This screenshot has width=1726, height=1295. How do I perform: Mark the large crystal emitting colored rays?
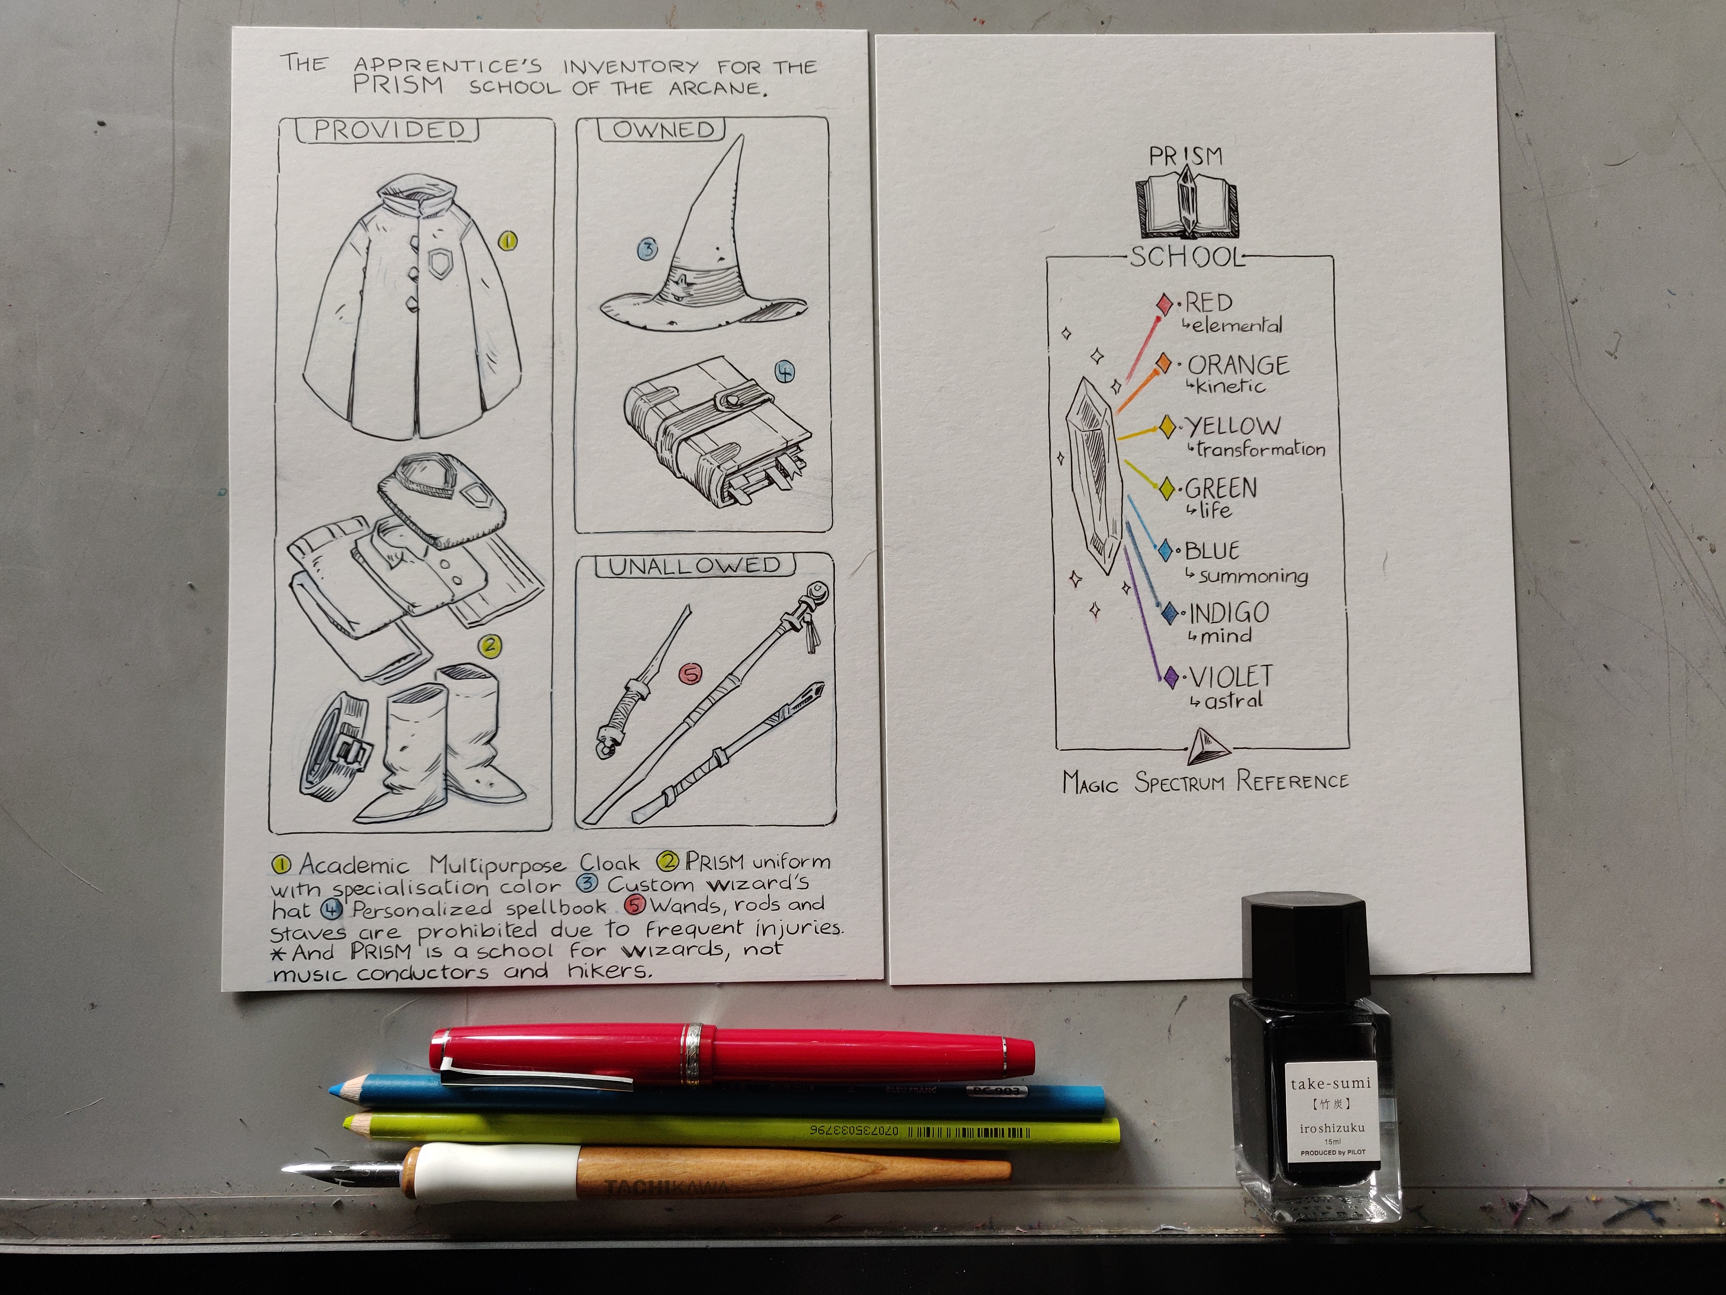1095,476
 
